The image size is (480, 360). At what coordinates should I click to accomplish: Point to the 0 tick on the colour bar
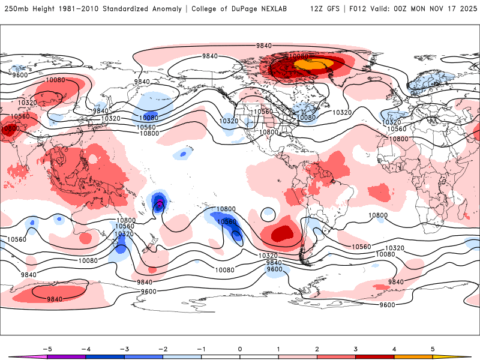[x=239, y=348]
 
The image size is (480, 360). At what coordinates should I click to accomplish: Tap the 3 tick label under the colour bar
[x=356, y=348]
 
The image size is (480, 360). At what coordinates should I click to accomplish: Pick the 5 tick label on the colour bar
[x=433, y=348]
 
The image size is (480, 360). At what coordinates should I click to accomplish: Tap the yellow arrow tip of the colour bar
[x=467, y=356]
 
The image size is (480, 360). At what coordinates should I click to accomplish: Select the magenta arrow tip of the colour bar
[x=12, y=356]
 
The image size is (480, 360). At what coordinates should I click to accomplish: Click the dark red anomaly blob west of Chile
[x=281, y=233]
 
